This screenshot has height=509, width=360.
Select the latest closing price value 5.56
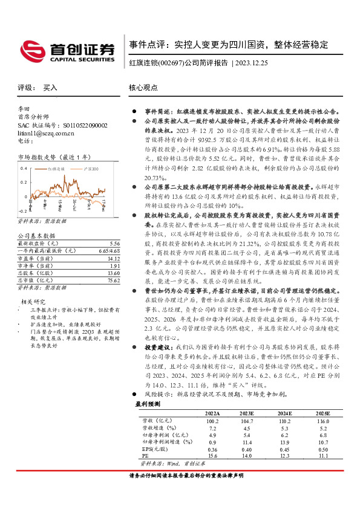point(114,242)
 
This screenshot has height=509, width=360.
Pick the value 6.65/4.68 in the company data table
point(110,250)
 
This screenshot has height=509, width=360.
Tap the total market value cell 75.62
point(113,280)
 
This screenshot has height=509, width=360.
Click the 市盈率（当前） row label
point(36,258)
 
